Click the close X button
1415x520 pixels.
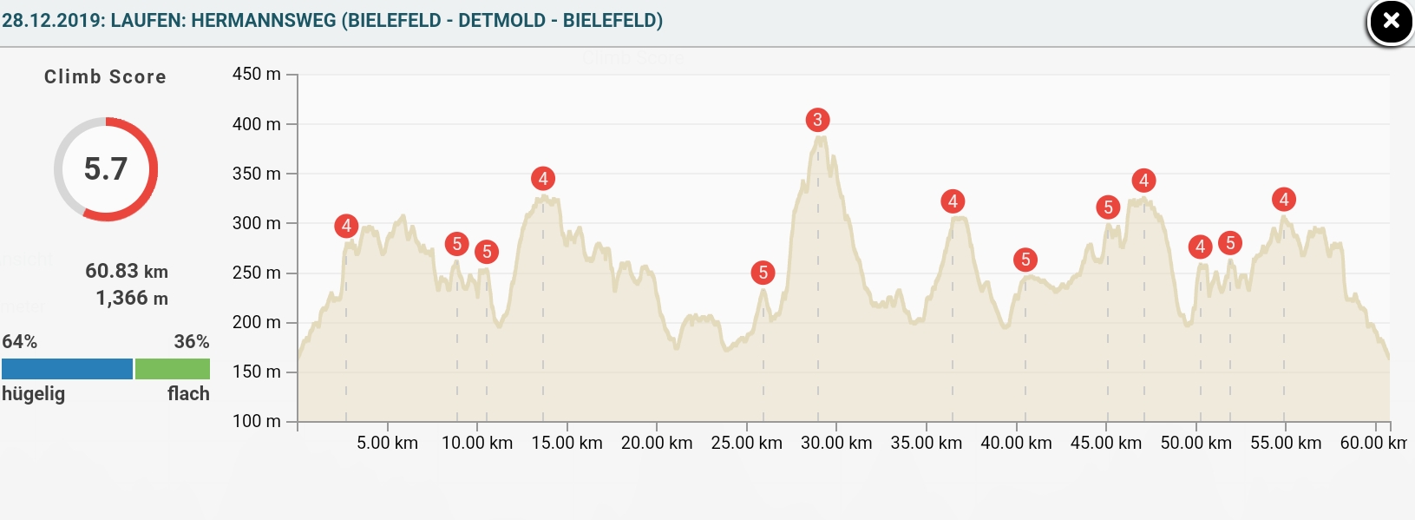[1390, 22]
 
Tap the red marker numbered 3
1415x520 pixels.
[817, 120]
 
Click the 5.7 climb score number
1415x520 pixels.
[106, 168]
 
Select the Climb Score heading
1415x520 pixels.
[105, 76]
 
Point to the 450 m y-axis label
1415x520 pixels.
[257, 75]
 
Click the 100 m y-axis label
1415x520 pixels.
[257, 421]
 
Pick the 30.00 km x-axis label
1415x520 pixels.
[836, 443]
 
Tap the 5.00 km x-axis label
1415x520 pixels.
[387, 443]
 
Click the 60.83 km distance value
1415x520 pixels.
[127, 271]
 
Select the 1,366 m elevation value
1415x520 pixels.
[132, 298]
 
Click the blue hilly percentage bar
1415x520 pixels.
[67, 369]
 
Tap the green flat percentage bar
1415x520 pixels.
[173, 369]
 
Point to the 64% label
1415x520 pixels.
[20, 341]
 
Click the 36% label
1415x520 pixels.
[192, 341]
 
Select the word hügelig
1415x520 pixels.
[34, 393]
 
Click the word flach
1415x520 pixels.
[188, 393]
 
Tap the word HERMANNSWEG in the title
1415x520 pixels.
[264, 20]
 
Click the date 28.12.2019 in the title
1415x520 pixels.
[51, 20]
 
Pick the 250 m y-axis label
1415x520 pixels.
[257, 273]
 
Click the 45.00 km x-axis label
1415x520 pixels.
[1106, 443]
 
